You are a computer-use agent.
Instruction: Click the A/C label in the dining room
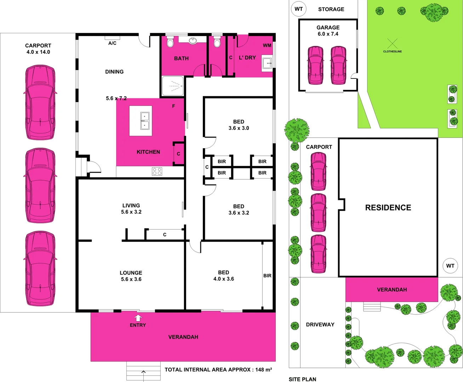(x=112, y=43)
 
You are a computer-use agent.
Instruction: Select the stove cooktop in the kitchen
(x=157, y=172)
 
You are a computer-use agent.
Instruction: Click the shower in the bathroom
(x=173, y=86)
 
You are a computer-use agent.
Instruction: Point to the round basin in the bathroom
(x=193, y=40)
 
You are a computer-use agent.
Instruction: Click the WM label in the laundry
(x=267, y=45)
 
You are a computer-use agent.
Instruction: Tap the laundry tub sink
(x=267, y=64)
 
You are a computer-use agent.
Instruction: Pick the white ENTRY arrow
(x=138, y=318)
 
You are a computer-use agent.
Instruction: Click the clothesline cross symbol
(x=392, y=44)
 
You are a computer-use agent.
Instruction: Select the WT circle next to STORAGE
(x=298, y=9)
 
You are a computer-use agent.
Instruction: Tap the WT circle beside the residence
(x=450, y=266)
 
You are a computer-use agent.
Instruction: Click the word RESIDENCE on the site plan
(x=388, y=208)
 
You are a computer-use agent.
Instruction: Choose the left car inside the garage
(x=315, y=65)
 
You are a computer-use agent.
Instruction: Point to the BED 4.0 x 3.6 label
(x=223, y=276)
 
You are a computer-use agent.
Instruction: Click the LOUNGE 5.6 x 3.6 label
(x=131, y=276)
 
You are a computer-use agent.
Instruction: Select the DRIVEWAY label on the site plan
(x=320, y=324)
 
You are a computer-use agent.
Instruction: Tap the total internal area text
(x=218, y=370)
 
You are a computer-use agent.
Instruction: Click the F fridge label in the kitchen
(x=173, y=106)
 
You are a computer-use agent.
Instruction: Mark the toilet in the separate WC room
(x=217, y=42)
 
